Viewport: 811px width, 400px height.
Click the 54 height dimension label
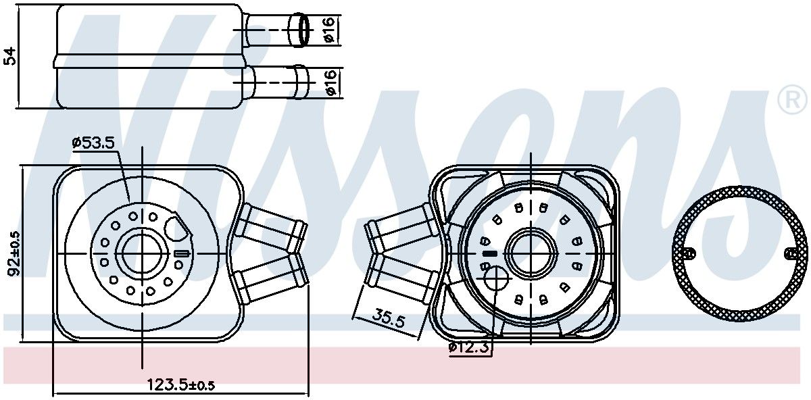point(11,56)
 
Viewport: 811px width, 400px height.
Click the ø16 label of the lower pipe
point(330,82)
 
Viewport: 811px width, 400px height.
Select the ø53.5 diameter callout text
point(93,143)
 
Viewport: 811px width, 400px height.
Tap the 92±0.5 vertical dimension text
point(15,253)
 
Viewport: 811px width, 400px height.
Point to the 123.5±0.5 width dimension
point(180,384)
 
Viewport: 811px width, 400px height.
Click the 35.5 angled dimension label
point(389,318)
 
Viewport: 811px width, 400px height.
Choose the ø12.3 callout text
point(469,347)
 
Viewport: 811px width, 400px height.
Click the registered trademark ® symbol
point(792,100)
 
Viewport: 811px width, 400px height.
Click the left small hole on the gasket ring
point(688,253)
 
